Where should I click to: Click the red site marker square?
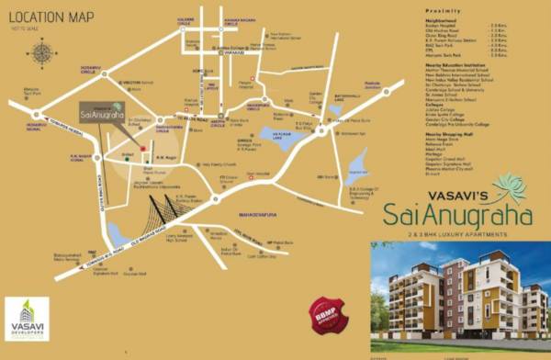[143, 148]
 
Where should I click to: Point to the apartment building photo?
[460, 298]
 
